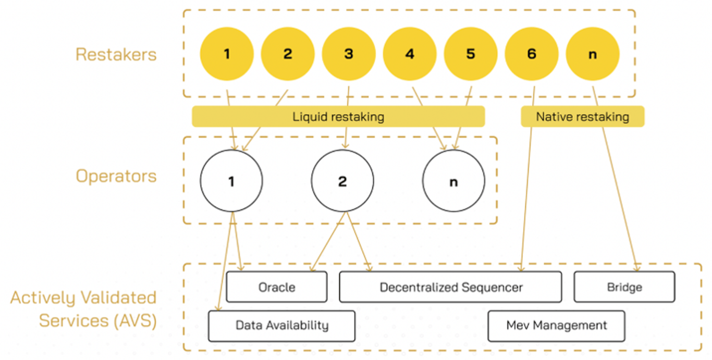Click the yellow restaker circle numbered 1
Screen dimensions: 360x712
227,54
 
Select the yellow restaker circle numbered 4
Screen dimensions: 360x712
410,54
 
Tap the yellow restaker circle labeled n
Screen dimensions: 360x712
593,54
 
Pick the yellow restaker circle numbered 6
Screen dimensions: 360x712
532,54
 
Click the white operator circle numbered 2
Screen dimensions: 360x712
342,181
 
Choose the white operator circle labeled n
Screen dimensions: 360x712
453,181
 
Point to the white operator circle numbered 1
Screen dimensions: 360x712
231,181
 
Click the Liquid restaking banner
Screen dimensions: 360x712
338,117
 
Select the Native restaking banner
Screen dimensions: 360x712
582,117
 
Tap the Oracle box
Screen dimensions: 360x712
276,287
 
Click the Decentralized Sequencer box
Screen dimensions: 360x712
450,287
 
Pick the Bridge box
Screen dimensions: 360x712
624,287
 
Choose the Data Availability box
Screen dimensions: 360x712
281,326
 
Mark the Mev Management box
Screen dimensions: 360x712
556,326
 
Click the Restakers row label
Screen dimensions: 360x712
116,54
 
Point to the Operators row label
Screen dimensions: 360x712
116,176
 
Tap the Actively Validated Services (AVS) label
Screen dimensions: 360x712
83,309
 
